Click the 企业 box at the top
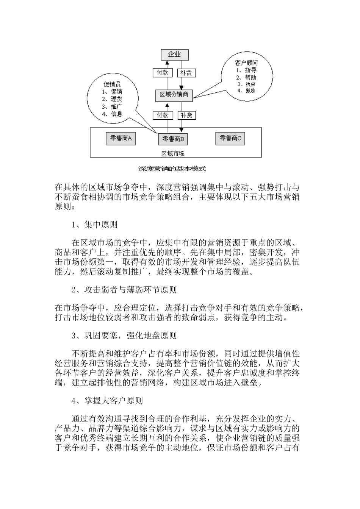pyautogui.click(x=174, y=55)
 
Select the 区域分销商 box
pyautogui.click(x=174, y=95)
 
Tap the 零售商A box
pyautogui.click(x=121, y=139)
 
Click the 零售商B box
pyautogui.click(x=173, y=139)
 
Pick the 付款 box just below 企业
pyautogui.click(x=163, y=73)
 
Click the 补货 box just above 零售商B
pyautogui.click(x=186, y=115)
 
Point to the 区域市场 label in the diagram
pyautogui.click(x=173, y=153)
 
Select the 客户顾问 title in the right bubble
pyautogui.click(x=246, y=63)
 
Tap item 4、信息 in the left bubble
pyautogui.click(x=112, y=114)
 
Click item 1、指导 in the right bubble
pyautogui.click(x=246, y=70)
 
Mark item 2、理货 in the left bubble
pyautogui.click(x=112, y=99)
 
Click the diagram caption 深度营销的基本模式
pyautogui.click(x=172, y=168)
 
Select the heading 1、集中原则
pyautogui.click(x=94, y=225)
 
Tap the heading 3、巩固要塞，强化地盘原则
pyautogui.click(x=124, y=336)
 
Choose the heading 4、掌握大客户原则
pyautogui.click(x=107, y=400)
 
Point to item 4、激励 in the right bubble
pyautogui.click(x=246, y=91)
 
